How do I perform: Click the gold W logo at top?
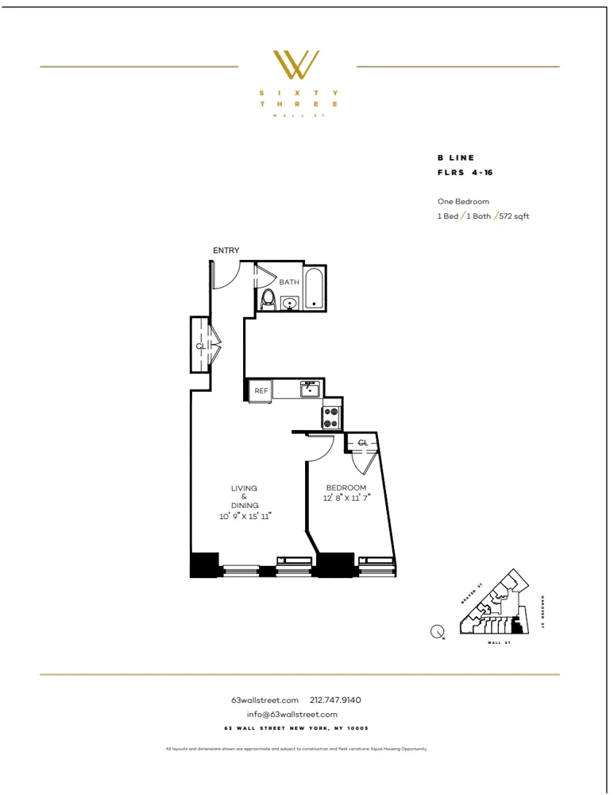(x=296, y=65)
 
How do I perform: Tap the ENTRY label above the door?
(x=226, y=250)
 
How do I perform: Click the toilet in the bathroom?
(x=268, y=298)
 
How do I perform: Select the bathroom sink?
(x=290, y=303)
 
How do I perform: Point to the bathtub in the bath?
(x=314, y=287)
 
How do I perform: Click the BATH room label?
(x=288, y=282)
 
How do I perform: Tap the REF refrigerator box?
(x=260, y=390)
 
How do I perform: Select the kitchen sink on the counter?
(x=309, y=389)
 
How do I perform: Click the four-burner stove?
(x=331, y=417)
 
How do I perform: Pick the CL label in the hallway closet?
(x=201, y=347)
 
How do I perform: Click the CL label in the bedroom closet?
(x=362, y=443)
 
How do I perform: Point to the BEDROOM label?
(x=346, y=487)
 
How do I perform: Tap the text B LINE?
(x=456, y=158)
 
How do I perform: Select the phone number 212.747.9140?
(x=335, y=700)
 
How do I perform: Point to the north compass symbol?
(x=437, y=632)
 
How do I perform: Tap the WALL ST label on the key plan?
(x=498, y=642)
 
